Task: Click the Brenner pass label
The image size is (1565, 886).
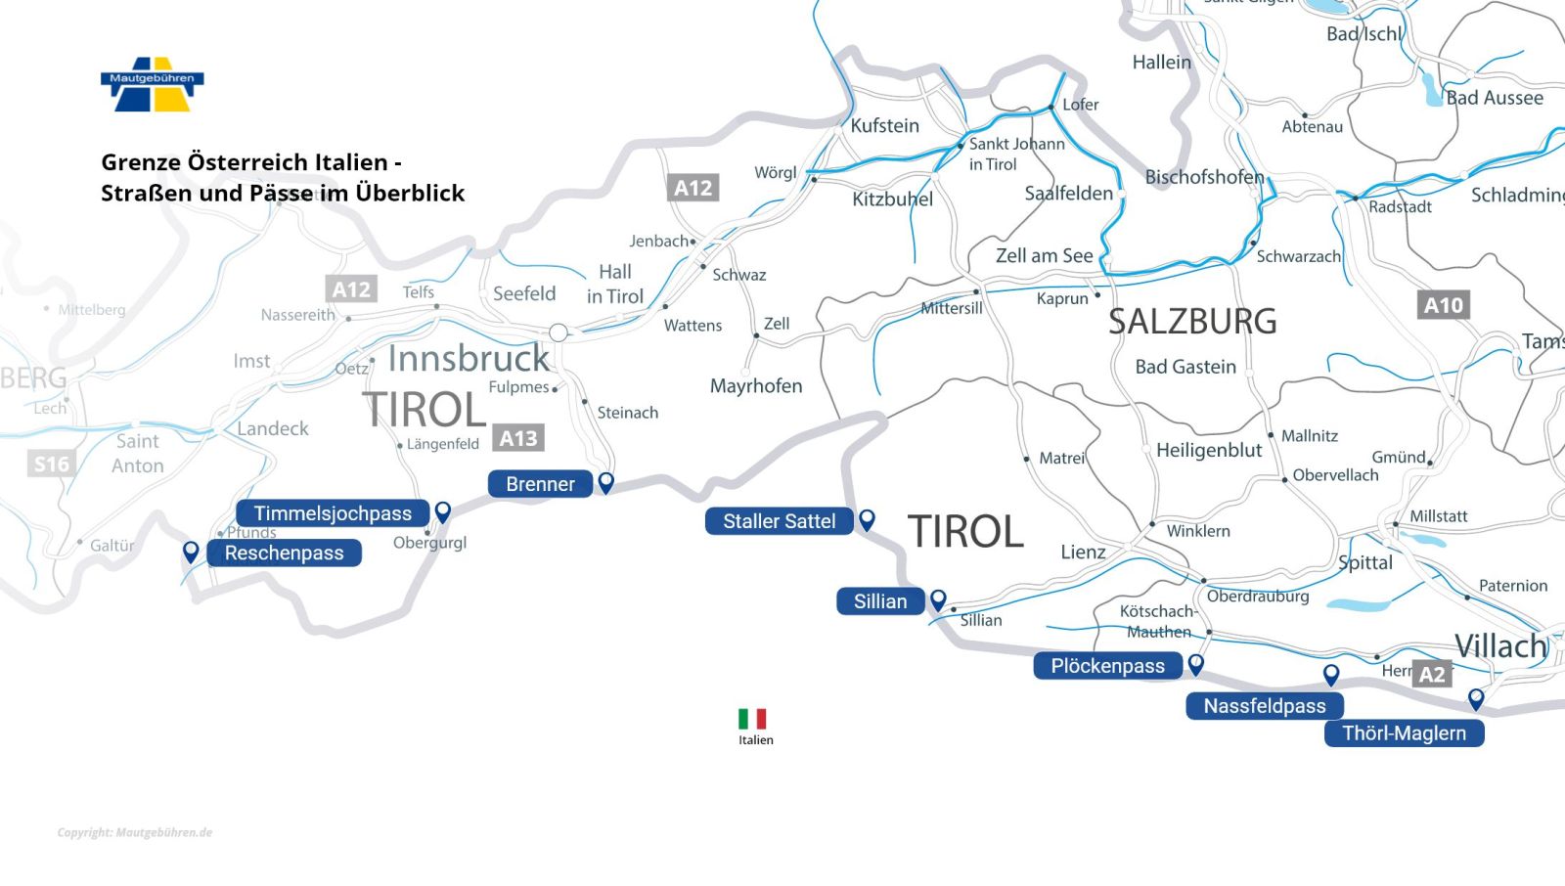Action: tap(540, 484)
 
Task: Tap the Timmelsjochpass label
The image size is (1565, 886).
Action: tap(333, 513)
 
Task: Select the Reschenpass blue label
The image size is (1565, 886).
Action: tap(284, 554)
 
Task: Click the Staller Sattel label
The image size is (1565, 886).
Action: tap(779, 521)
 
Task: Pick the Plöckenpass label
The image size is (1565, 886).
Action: tap(1107, 666)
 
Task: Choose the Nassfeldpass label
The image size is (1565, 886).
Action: tap(1264, 706)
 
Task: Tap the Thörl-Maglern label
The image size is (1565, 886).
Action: tap(1404, 733)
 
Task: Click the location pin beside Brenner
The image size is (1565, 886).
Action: tap(606, 481)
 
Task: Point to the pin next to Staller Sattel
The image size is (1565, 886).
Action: tap(867, 519)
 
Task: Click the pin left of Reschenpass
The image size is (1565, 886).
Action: tap(191, 552)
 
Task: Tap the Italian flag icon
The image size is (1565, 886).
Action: tap(752, 719)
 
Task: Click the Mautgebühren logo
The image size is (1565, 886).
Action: tap(152, 84)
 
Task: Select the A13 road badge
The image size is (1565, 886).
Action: tap(518, 438)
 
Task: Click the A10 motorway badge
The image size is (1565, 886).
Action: tap(1444, 305)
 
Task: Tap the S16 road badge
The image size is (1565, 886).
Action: tap(52, 464)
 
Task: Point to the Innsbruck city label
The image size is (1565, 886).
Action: tap(469, 359)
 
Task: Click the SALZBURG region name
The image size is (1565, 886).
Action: tap(1192, 322)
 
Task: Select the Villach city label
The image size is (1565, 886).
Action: tap(1500, 646)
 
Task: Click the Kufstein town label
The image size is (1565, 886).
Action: tap(884, 125)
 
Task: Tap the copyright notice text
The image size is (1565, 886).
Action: tap(134, 833)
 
